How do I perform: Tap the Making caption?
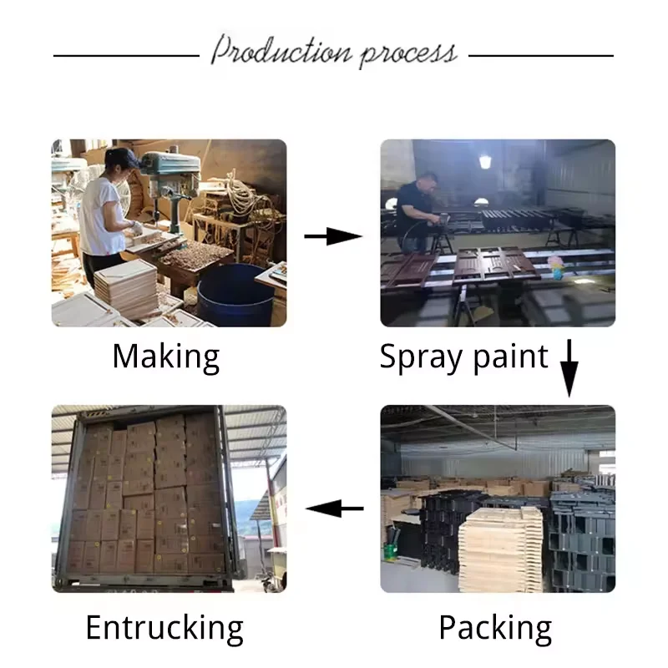pyautogui.click(x=166, y=357)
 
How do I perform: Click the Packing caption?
pyautogui.click(x=495, y=627)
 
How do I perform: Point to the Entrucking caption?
pyautogui.click(x=164, y=627)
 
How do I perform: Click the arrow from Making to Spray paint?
pyautogui.click(x=332, y=237)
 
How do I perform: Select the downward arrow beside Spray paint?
pyautogui.click(x=569, y=367)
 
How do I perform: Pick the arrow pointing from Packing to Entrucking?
pyautogui.click(x=336, y=507)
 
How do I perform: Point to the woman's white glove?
pyautogui.click(x=137, y=228)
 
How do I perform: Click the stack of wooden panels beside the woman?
pyautogui.click(x=125, y=288)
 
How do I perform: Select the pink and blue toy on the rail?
pyautogui.click(x=555, y=266)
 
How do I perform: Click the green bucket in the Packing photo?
pyautogui.click(x=390, y=552)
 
